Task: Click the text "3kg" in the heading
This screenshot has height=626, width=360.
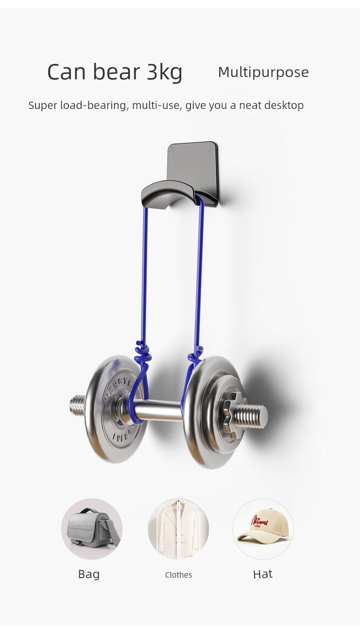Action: pos(164,72)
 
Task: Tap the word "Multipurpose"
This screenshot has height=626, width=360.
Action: pos(263,72)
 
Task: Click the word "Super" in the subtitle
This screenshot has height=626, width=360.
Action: pos(43,106)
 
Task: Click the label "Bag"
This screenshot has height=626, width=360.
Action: pos(89,574)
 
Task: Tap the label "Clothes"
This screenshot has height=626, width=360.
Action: pos(178,575)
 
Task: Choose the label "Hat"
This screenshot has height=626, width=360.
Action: pos(262,574)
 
